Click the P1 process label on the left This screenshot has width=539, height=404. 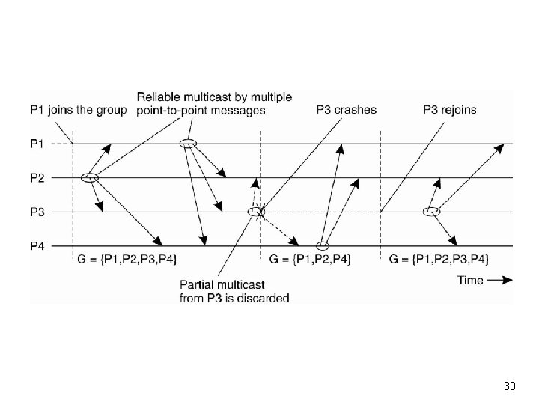(37, 143)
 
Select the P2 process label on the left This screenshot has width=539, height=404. (37, 177)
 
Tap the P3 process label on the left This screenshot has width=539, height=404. (37, 212)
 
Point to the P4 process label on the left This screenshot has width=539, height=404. (37, 245)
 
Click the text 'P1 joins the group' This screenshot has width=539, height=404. (78, 110)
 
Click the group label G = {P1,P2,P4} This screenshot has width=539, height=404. (313, 260)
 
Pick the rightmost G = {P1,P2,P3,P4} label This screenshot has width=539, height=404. (440, 260)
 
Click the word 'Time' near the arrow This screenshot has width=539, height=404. (470, 280)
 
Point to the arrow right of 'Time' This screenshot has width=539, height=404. (499, 280)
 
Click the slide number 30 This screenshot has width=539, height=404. (511, 387)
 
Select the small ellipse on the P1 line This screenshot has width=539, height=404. (189, 144)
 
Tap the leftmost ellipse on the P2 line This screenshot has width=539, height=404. (90, 177)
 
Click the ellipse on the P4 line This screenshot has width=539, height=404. (323, 245)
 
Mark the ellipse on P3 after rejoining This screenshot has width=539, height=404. (430, 212)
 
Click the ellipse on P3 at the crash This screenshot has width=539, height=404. (257, 212)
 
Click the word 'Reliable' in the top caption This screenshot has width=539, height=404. (158, 97)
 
